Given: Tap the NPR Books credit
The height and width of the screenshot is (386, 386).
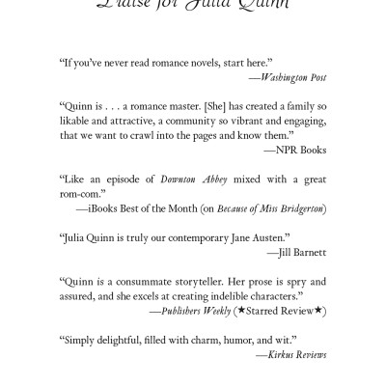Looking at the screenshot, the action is [300, 152].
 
